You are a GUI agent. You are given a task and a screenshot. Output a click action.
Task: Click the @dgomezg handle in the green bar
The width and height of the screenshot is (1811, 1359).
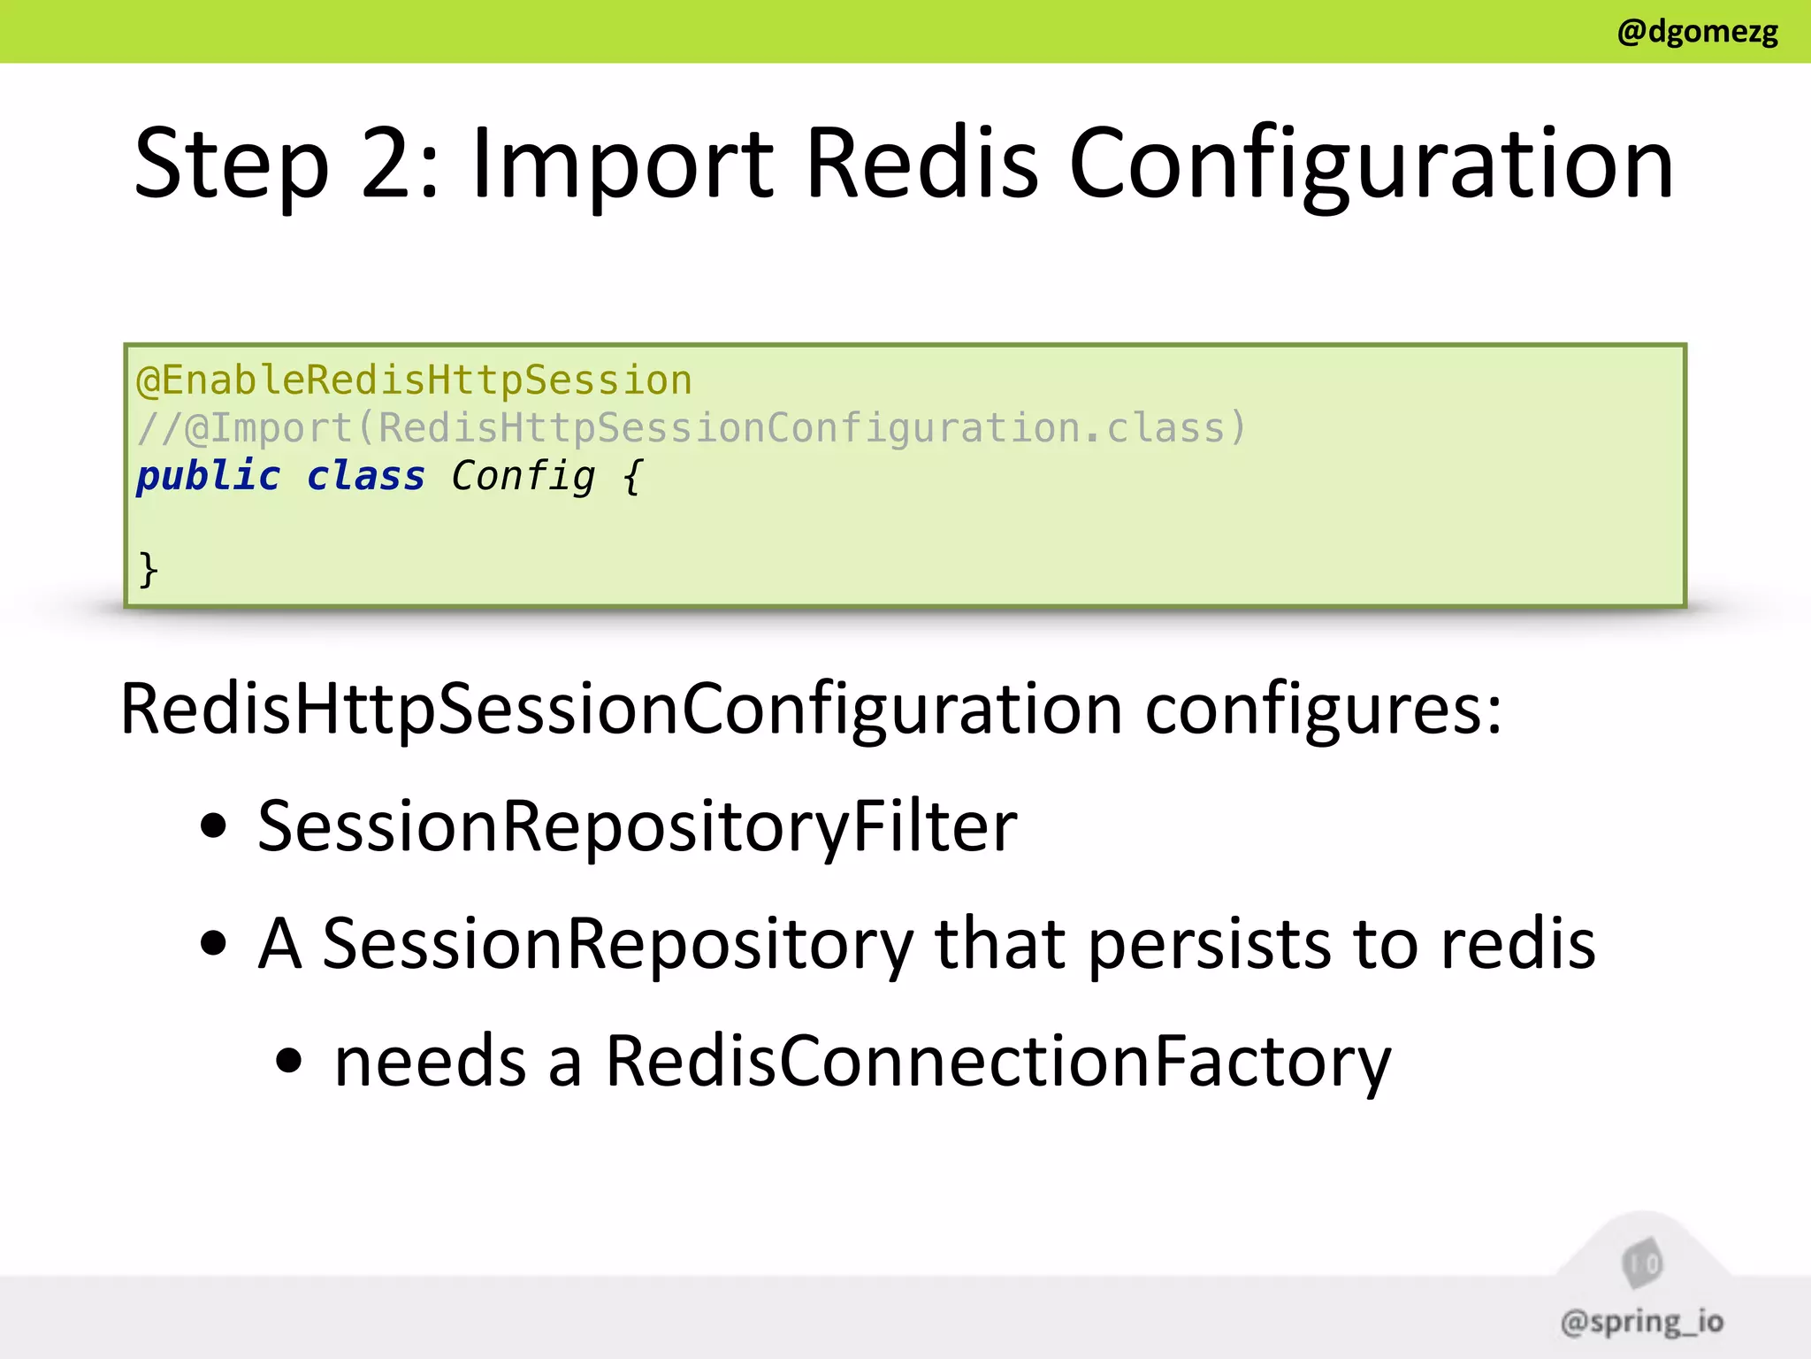(1697, 32)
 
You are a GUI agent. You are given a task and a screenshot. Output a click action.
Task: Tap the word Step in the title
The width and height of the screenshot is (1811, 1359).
(232, 165)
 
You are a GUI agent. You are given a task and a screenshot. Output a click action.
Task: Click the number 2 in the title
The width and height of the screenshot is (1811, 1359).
(389, 165)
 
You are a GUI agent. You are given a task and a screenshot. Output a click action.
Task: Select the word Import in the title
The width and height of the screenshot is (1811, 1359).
(623, 165)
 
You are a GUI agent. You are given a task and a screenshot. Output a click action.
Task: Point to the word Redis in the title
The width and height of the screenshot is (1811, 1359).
(922, 165)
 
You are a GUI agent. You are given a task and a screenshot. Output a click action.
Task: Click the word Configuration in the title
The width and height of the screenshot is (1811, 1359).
(1372, 165)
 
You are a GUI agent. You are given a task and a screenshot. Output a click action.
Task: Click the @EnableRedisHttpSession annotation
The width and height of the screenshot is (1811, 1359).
(414, 380)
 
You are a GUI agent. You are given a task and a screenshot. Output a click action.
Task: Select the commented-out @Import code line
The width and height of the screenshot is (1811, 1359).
(692, 428)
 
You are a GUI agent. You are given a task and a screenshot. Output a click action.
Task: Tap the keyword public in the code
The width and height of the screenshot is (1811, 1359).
(208, 476)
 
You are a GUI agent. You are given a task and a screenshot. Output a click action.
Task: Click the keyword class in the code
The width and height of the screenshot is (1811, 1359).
(365, 476)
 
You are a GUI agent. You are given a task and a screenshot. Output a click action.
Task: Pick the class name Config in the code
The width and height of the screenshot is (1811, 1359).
(523, 476)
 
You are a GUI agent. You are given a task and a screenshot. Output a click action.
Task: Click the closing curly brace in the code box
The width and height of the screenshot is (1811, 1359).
(149, 568)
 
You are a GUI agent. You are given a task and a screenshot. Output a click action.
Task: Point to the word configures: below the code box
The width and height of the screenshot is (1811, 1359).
(1323, 710)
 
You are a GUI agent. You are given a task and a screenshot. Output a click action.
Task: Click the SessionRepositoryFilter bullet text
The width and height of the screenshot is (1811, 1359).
(637, 826)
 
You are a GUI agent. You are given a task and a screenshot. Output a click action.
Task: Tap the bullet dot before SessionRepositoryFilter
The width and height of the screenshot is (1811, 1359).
(213, 826)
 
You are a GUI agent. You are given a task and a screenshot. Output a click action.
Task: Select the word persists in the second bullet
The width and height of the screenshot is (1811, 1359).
(1209, 944)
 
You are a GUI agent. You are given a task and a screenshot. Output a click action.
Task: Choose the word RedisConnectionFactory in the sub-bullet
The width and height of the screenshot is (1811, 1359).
(997, 1061)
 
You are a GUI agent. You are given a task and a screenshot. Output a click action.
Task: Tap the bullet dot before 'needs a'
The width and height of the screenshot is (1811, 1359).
(288, 1061)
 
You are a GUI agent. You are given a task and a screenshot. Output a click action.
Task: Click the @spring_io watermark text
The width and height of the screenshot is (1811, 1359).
(1641, 1322)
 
